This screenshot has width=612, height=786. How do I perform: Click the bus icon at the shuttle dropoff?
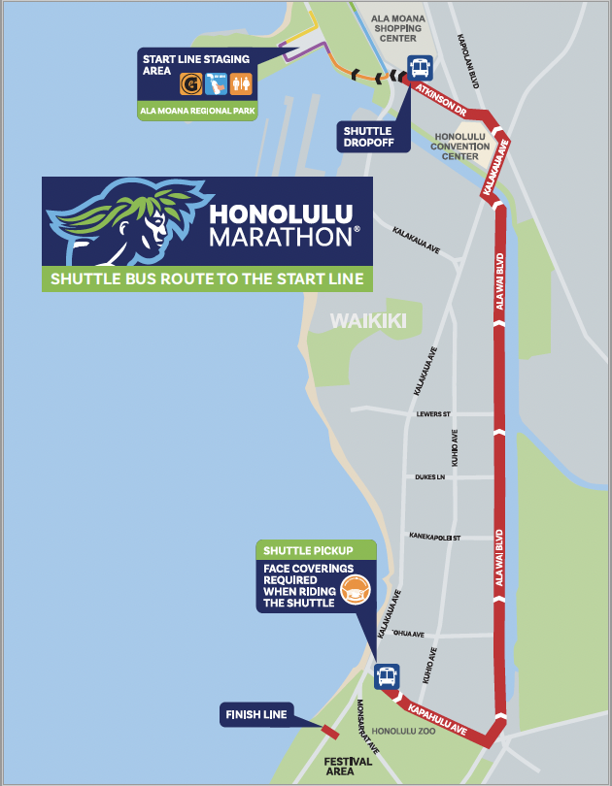click(420, 69)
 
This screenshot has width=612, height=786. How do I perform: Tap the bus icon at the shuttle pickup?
click(387, 676)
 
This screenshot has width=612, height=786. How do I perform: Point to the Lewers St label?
click(433, 413)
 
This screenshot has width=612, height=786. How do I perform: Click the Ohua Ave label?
click(409, 635)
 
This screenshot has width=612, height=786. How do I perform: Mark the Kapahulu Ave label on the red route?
click(437, 716)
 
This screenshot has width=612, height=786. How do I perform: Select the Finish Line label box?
click(255, 715)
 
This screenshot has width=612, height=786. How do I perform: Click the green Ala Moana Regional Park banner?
click(198, 111)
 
